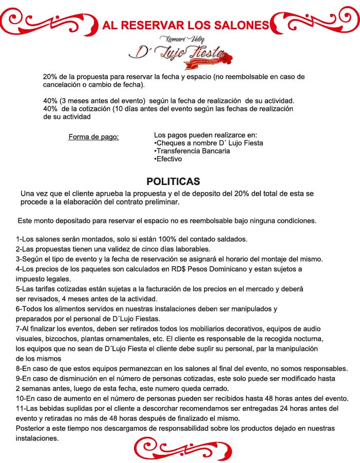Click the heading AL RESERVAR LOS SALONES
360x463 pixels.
coord(185,25)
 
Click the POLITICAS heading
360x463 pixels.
coord(173,181)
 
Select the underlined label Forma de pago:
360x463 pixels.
coord(93,137)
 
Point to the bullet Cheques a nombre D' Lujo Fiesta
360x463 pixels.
coord(209,143)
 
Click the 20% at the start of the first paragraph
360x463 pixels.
coord(49,77)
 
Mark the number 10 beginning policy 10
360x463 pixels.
coord(20,399)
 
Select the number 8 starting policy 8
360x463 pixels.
coord(18,368)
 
